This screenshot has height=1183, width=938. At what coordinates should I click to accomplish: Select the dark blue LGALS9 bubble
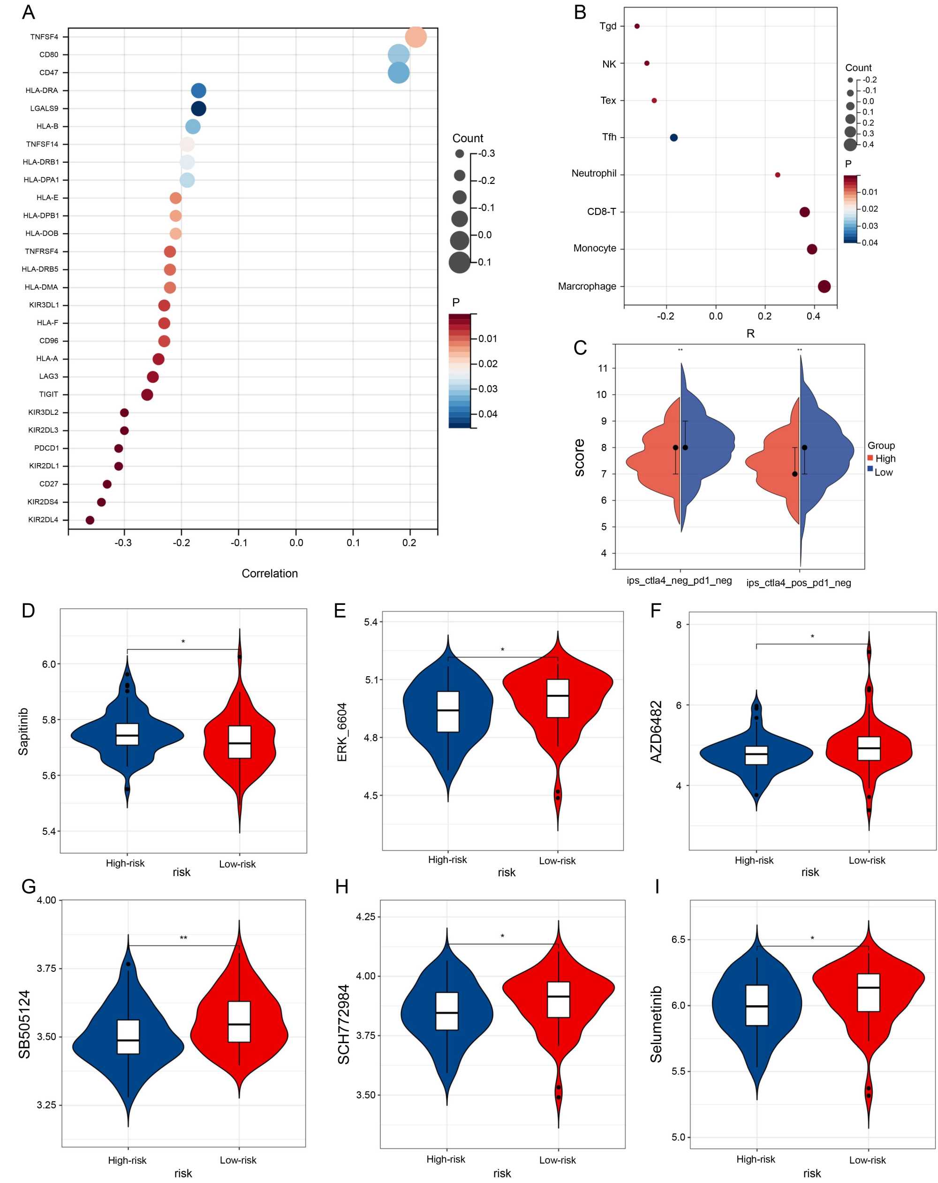click(198, 109)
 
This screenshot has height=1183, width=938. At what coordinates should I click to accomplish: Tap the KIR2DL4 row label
click(43, 519)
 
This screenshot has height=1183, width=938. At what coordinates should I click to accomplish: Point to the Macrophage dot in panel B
click(824, 286)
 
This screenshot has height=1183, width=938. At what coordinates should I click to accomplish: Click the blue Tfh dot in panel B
click(673, 137)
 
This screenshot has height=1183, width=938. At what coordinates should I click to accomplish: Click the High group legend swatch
click(870, 458)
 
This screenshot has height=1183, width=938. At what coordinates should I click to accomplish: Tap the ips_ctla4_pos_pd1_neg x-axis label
click(798, 583)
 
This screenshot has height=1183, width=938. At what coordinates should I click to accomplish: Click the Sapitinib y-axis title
click(23, 732)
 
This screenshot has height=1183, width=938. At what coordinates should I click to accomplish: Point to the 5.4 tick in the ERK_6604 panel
click(371, 622)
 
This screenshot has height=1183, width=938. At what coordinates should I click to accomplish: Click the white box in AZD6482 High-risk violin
click(756, 755)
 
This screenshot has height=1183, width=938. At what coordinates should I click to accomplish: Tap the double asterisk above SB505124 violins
click(183, 938)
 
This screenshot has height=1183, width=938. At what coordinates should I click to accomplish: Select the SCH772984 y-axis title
click(343, 1024)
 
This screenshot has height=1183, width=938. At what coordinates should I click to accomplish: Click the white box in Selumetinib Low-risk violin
click(868, 992)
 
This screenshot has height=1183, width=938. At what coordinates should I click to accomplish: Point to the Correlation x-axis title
click(269, 573)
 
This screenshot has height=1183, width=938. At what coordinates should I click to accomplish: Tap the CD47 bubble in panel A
click(398, 72)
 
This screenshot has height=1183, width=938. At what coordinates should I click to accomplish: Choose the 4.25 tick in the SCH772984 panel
click(366, 917)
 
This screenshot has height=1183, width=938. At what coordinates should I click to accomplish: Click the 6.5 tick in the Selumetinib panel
click(678, 939)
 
